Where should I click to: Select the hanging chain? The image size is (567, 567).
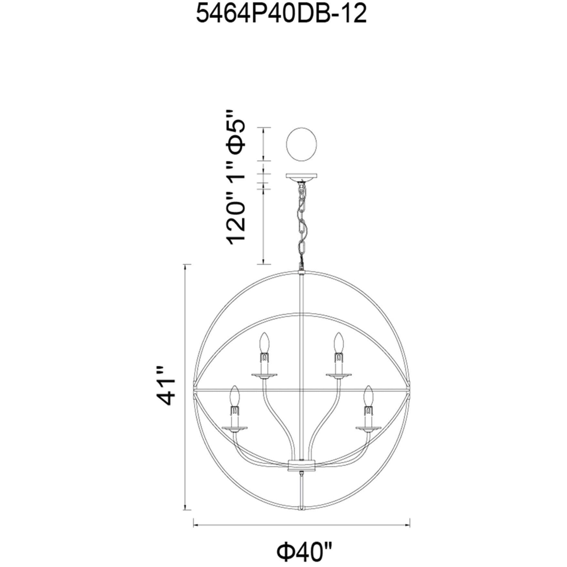click(x=302, y=225)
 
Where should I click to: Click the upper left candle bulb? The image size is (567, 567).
click(x=265, y=342)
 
